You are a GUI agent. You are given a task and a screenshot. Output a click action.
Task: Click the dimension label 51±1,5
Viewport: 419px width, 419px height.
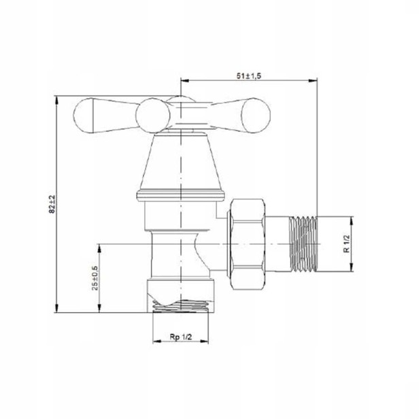(248, 76)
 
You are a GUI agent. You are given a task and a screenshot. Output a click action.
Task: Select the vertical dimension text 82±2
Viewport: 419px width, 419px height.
(52, 204)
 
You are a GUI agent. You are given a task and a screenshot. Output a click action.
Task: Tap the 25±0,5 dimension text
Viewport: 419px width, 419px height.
(95, 278)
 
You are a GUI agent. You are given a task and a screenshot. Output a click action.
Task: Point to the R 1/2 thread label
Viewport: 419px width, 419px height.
(347, 244)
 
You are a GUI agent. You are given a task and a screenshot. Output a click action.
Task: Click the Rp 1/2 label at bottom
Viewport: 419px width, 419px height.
(181, 337)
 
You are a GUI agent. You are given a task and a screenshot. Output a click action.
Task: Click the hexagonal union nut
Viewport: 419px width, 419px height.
(248, 244)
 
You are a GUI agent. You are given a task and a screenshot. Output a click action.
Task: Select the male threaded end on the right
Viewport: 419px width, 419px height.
(303, 244)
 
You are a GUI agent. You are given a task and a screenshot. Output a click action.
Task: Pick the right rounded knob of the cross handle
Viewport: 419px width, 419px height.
(256, 116)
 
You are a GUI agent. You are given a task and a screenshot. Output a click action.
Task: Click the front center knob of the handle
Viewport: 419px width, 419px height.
(152, 116)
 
